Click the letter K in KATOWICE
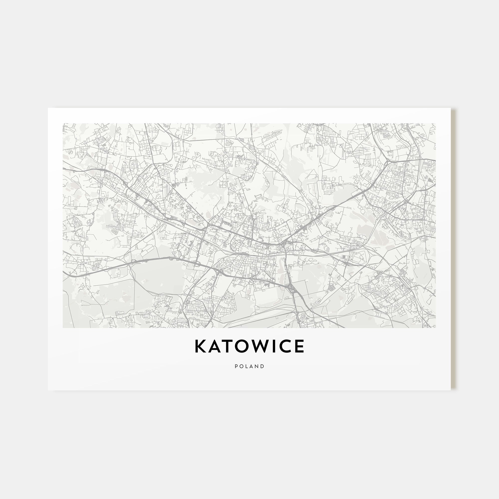tap(200, 346)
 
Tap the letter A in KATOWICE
tap(214, 346)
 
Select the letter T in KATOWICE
tap(227, 346)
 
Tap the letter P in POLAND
tap(236, 366)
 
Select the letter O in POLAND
tap(242, 366)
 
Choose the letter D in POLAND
tap(263, 366)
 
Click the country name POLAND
tap(249, 366)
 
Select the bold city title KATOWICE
tap(249, 346)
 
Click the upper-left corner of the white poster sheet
tap(48, 108)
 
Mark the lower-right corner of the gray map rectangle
tap(435, 328)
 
